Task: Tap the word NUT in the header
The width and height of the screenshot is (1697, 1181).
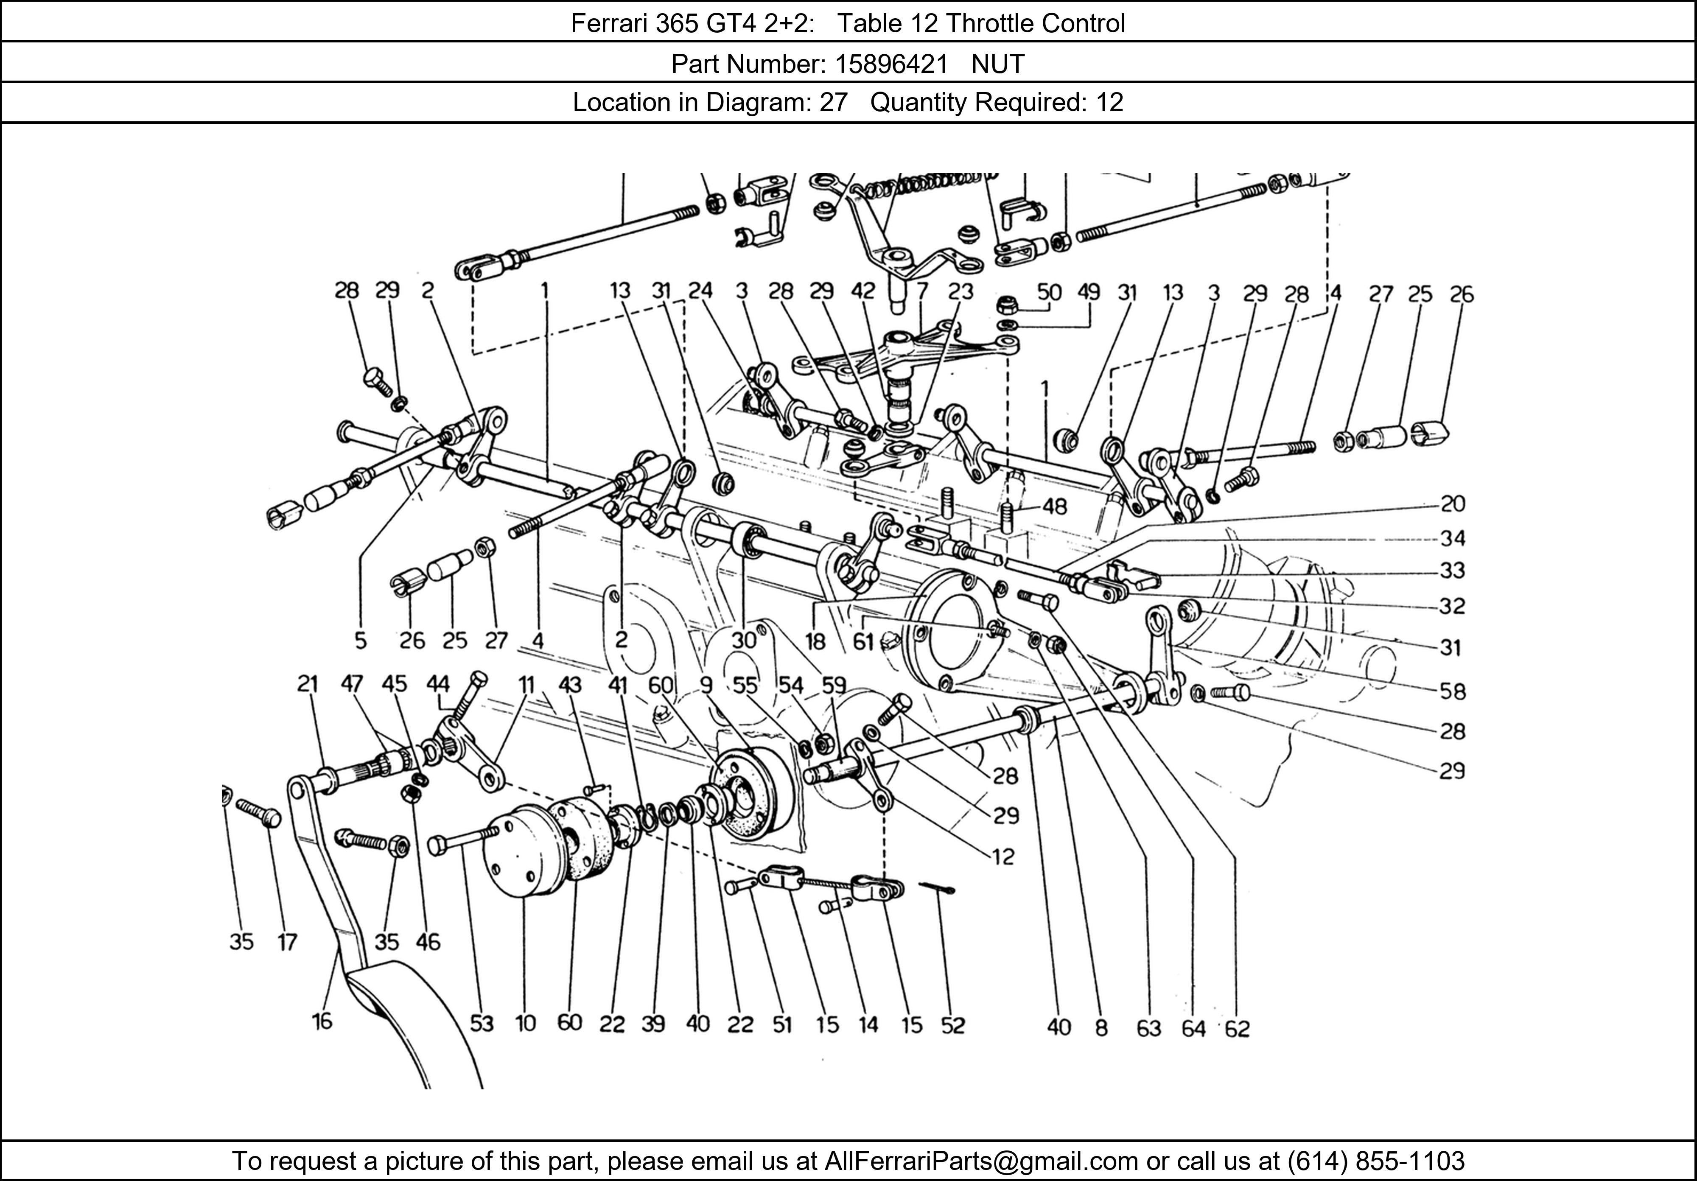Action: coord(998,64)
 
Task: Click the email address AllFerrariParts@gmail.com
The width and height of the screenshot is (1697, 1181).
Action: coord(981,1161)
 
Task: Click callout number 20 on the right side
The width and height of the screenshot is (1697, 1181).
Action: coord(1452,504)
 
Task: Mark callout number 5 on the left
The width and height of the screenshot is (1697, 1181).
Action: coord(360,640)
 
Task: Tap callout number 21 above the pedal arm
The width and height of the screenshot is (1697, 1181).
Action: coord(308,684)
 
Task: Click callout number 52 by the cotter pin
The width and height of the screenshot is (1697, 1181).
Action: coord(953,1025)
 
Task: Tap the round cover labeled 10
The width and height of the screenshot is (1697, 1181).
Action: coord(521,850)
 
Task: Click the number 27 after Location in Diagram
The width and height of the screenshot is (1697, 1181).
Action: coord(833,102)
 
